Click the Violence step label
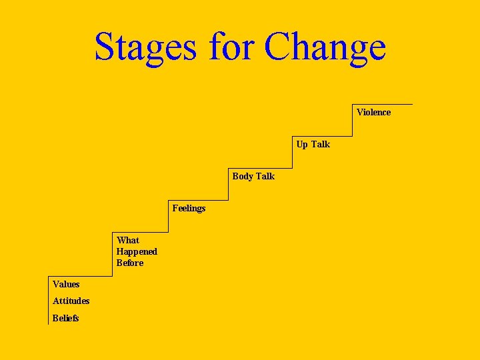(x=373, y=112)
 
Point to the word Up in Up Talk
(x=302, y=145)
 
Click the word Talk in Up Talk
(x=320, y=144)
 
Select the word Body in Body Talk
(x=243, y=177)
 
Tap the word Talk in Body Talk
(x=265, y=176)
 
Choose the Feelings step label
(x=189, y=209)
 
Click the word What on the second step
(x=128, y=240)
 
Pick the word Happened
(x=137, y=252)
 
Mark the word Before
(x=130, y=263)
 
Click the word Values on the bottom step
(x=66, y=285)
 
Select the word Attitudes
(x=71, y=301)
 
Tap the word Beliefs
(x=66, y=318)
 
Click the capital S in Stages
(x=105, y=47)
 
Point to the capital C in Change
(x=277, y=47)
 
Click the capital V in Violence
(x=360, y=112)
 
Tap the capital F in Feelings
(x=175, y=208)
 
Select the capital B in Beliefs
(x=56, y=318)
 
